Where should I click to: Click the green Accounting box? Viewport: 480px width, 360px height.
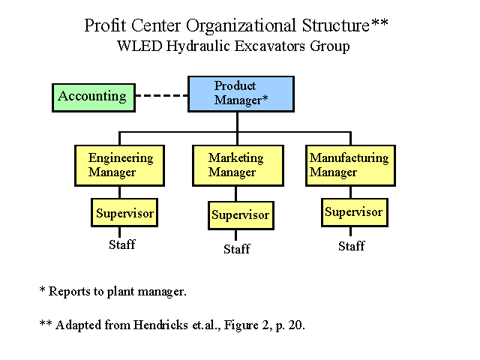point(94,97)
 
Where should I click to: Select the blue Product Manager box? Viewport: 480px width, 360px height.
point(241,94)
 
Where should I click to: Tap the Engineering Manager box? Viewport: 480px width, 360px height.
point(120,166)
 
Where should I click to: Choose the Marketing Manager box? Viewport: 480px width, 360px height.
point(238,166)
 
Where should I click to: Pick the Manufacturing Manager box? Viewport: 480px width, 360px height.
point(350,166)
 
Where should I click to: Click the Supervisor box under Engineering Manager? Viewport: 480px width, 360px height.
point(124,212)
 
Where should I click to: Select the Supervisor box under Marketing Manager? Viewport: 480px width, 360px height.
point(241,215)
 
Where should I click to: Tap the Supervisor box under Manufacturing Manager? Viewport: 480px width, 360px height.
point(355,212)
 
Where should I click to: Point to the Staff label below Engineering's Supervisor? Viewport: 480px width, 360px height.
point(121,244)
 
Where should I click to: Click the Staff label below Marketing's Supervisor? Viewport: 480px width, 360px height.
point(237,249)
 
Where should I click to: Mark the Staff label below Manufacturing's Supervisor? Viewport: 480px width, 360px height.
point(352,246)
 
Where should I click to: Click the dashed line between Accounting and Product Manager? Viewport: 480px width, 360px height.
point(162,95)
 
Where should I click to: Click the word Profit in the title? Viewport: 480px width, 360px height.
point(105,25)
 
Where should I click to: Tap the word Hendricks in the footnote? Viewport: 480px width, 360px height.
point(160,325)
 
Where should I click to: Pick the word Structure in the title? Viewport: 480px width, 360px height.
point(336,25)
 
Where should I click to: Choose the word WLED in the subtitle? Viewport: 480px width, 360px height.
point(139,46)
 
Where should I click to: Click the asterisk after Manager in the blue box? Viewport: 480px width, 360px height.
point(265,97)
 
